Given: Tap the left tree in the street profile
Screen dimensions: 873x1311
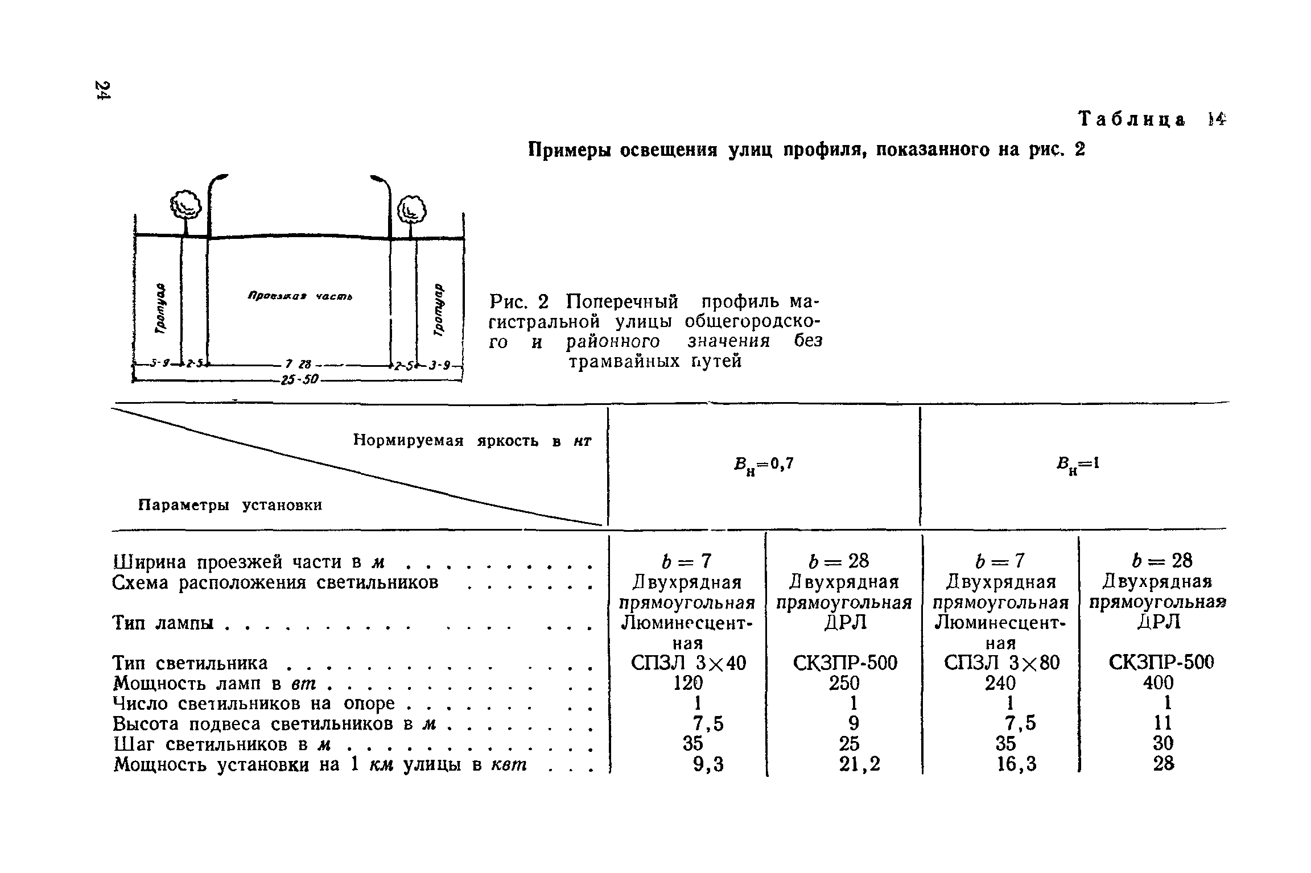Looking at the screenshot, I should coord(186,205).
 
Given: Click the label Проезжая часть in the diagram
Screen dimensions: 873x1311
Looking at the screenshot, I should coord(300,296).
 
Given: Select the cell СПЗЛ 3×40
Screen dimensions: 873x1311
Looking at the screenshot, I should coord(688,663).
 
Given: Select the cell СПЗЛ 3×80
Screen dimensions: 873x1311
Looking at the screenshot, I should coord(1001,663).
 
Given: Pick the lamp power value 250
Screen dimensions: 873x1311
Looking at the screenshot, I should coord(844,682).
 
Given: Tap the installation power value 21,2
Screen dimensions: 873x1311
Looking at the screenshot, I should coord(859,764).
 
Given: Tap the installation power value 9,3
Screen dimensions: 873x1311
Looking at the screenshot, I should coord(708,764).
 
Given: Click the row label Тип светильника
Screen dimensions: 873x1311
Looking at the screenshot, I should coord(190,663).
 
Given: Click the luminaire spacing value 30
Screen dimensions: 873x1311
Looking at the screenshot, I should coord(1163,743).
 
